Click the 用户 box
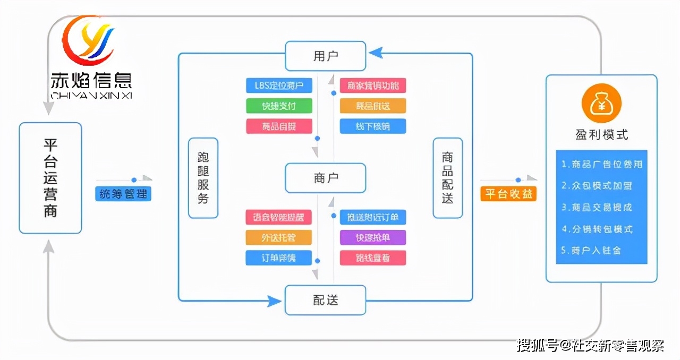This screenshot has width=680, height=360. click(325, 56)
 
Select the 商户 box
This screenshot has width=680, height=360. click(325, 178)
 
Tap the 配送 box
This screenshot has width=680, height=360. click(325, 300)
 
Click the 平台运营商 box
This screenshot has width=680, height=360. click(50, 178)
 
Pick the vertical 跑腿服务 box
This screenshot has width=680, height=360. click(203, 178)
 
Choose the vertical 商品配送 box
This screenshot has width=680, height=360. click(447, 178)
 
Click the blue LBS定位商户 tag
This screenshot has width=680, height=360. click(279, 85)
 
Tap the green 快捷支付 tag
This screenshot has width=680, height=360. click(279, 106)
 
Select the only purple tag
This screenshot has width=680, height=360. click(372, 237)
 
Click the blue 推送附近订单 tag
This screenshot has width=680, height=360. click(372, 217)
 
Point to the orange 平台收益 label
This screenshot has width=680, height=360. click(508, 194)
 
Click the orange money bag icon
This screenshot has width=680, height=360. click(601, 103)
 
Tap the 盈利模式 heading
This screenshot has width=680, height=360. click(601, 135)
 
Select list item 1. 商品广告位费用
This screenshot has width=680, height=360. click(601, 165)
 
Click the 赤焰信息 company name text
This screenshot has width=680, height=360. click(91, 80)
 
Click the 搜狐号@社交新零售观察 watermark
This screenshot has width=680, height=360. click(590, 346)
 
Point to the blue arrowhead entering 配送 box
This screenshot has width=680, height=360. click(275, 301)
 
